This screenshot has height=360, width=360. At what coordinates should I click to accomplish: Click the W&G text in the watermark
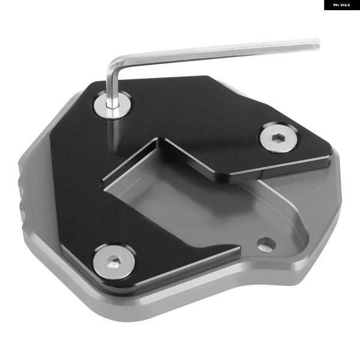pos(345,5)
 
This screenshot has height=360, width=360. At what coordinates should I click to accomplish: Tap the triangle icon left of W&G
pos(336,5)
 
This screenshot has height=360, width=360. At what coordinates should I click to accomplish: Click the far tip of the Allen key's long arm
pos(319,43)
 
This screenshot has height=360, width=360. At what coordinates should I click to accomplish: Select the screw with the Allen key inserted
pos(113,105)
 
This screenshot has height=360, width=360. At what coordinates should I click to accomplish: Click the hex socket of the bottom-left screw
pos(113,262)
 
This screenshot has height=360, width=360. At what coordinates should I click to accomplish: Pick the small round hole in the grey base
pos(266,244)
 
